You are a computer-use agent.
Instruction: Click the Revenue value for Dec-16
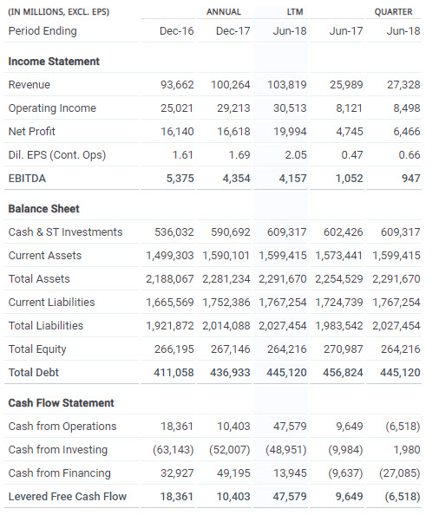click(177, 84)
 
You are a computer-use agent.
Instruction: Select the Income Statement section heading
click(54, 62)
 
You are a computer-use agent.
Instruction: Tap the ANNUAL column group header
click(224, 12)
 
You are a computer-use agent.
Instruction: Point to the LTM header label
click(295, 12)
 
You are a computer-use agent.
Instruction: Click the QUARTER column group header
click(394, 12)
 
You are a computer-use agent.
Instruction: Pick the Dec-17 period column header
click(233, 31)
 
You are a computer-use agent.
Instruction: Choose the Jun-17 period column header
click(346, 31)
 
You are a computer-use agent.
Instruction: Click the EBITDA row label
click(27, 178)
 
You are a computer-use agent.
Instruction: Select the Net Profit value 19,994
click(290, 131)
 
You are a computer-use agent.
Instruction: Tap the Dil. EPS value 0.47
click(352, 155)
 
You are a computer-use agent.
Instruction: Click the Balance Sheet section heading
click(43, 209)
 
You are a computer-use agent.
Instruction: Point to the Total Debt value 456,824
click(343, 373)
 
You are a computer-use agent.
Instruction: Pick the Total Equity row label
click(37, 349)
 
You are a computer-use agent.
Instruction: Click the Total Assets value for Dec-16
click(170, 279)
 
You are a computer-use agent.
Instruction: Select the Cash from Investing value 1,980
click(407, 450)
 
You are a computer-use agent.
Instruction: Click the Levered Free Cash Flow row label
click(68, 496)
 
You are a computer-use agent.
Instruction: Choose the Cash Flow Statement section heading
click(62, 403)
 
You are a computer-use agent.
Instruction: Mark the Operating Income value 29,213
click(233, 108)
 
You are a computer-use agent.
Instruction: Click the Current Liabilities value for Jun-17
click(339, 303)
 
